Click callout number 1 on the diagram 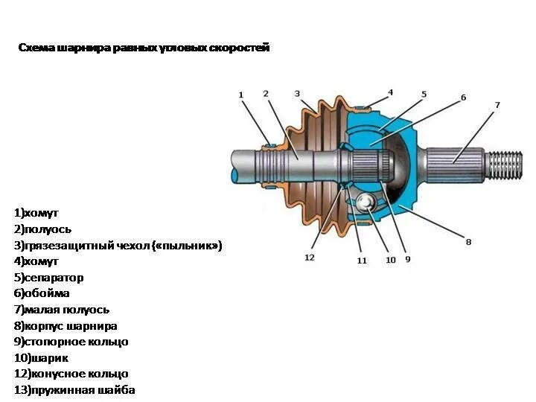240,95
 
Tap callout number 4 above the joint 390,93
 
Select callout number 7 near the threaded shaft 497,105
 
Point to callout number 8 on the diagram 468,241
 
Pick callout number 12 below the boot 309,258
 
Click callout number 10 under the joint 390,260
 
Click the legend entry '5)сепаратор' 48,278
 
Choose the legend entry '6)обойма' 42,293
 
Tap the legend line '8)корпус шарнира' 66,326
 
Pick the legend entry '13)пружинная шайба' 74,390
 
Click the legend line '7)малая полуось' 62,310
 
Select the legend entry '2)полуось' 42,229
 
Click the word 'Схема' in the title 34,48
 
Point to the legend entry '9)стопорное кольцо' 71,342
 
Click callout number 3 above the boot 297,94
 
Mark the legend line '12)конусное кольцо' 71,374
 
